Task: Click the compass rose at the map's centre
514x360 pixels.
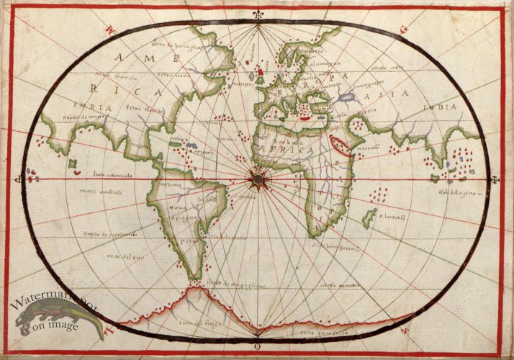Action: [256, 176]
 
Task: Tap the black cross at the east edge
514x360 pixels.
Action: [495, 179]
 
